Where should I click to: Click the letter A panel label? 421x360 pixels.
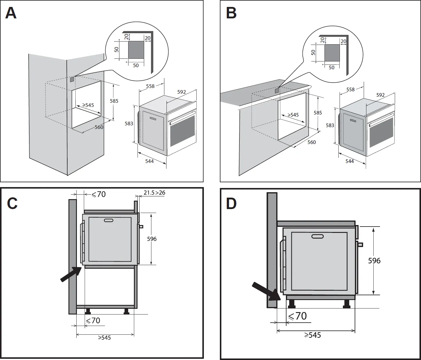[11, 13]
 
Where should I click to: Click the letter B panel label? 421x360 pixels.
[231, 13]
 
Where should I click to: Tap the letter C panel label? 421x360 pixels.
[12, 203]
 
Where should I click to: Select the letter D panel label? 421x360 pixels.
[231, 203]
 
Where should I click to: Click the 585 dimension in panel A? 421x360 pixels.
[114, 101]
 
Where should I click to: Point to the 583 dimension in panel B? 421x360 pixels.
[330, 125]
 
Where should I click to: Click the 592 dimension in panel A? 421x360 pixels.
[182, 92]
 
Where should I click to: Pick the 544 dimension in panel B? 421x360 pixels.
[350, 161]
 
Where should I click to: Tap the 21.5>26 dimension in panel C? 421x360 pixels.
[154, 193]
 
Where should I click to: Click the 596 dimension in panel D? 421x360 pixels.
[374, 261]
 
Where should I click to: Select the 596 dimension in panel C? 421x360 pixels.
[152, 239]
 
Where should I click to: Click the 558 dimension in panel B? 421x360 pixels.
[350, 89]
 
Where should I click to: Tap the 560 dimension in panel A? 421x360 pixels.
[99, 127]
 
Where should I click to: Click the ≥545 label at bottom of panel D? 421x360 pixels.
[312, 335]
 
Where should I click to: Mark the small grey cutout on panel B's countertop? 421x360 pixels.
[277, 90]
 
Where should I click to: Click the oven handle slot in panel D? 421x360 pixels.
[317, 236]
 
